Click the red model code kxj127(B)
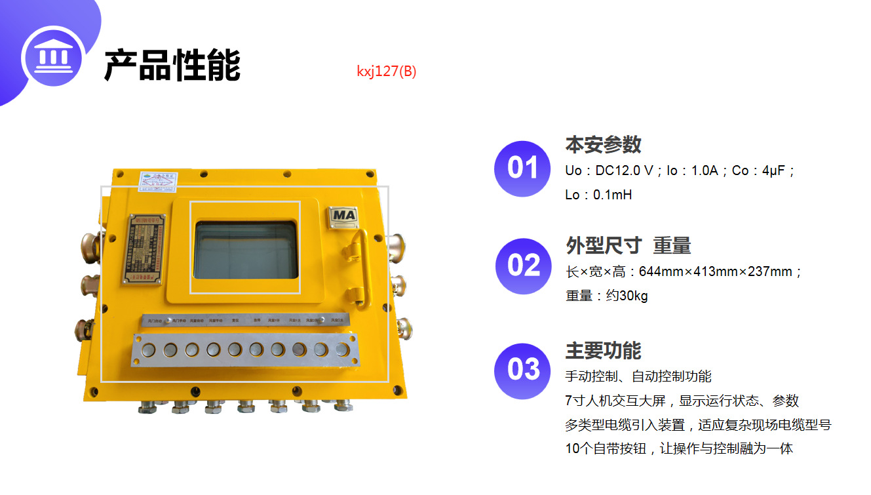pos(386,71)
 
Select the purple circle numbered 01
pos(522,168)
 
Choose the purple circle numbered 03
pos(522,370)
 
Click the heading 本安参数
pos(603,144)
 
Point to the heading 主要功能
pos(603,350)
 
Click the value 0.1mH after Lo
pos(612,195)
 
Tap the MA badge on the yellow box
pos(343,216)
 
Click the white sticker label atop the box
pos(157,180)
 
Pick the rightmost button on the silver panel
pos(341,349)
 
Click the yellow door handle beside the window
pos(355,249)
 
